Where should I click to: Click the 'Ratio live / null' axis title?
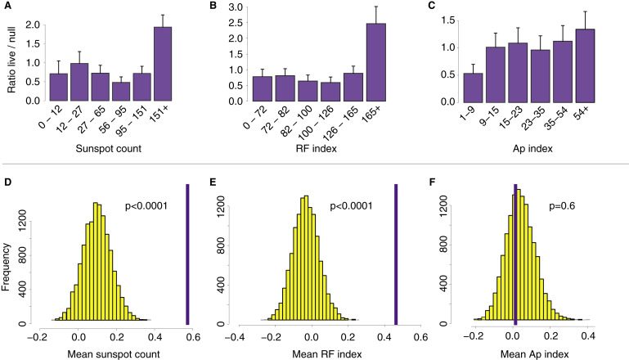point(11,56)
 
